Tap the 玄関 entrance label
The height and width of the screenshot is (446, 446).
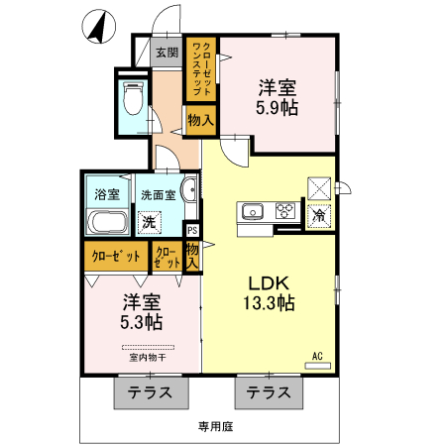point(166,53)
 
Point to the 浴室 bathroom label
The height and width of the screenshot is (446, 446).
point(106,195)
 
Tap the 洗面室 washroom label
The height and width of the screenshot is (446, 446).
point(158,195)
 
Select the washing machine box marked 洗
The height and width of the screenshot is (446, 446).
point(148,222)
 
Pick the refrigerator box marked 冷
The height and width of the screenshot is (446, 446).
point(319,214)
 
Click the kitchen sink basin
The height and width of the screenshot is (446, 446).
point(251,210)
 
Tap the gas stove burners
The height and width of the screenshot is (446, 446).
point(285,210)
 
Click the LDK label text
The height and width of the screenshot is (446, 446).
point(268,282)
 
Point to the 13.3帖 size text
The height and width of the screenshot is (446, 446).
point(271,304)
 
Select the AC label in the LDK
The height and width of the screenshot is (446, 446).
point(318,355)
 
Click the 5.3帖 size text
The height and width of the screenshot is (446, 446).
point(142,322)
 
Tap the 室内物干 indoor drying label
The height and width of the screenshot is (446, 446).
point(147,358)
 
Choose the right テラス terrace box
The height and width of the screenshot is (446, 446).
point(270,392)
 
